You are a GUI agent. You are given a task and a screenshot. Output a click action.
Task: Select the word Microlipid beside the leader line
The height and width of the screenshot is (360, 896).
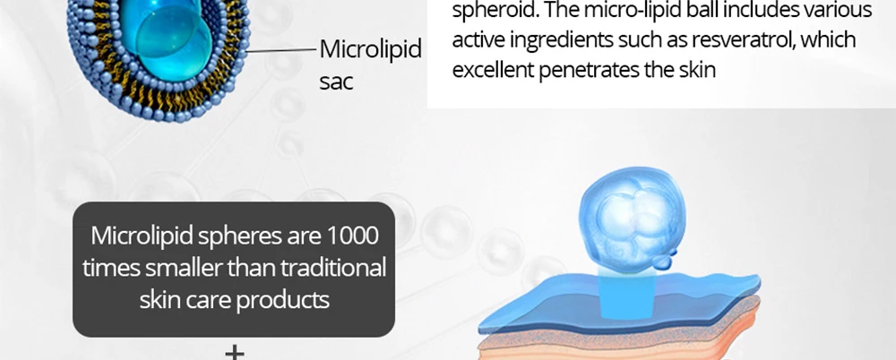click(370, 49)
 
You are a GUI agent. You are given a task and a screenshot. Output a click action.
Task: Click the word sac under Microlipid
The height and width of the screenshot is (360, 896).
click(336, 81)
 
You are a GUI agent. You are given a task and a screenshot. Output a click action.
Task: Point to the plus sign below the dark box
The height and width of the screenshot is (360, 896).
click(234, 352)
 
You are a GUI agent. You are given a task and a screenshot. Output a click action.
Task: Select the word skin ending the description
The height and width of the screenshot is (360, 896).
click(696, 70)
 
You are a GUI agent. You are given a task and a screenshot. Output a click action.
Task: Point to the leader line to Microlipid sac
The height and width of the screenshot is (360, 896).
click(280, 50)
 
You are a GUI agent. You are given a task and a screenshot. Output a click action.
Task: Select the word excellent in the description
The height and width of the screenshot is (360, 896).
click(492, 70)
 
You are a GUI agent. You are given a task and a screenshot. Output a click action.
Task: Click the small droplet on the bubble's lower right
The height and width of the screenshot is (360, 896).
click(663, 261)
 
